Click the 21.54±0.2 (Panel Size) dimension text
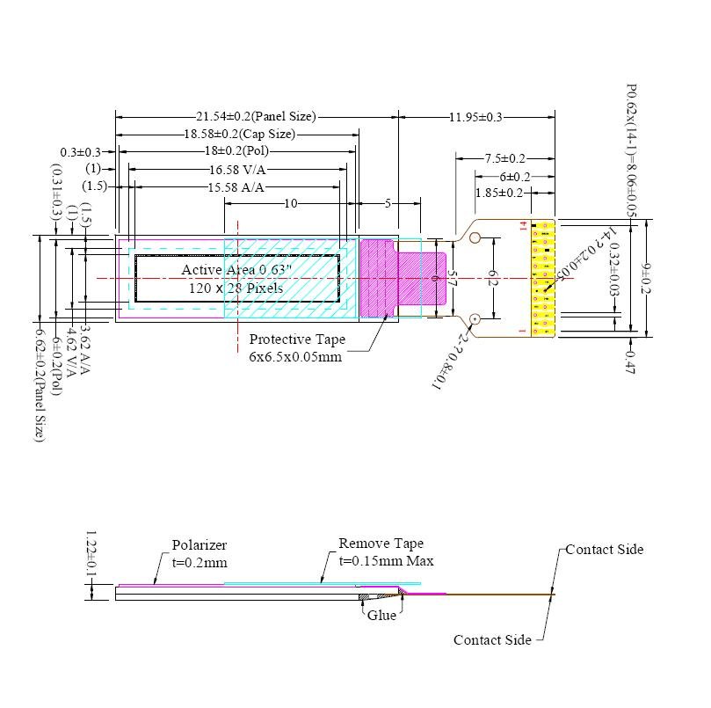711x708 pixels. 255,116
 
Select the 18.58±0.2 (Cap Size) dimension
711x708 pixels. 239,134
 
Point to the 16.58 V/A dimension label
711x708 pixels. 237,169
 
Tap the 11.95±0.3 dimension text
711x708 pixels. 475,116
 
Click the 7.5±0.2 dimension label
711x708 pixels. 504,158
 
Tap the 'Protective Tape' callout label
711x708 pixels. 297,339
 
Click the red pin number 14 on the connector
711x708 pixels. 522,226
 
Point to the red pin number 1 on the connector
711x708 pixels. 522,331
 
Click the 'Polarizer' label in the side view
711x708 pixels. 199,545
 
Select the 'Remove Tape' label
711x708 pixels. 381,544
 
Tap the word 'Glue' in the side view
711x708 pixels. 381,616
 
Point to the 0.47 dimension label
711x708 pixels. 629,361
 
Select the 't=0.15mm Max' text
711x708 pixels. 386,561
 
